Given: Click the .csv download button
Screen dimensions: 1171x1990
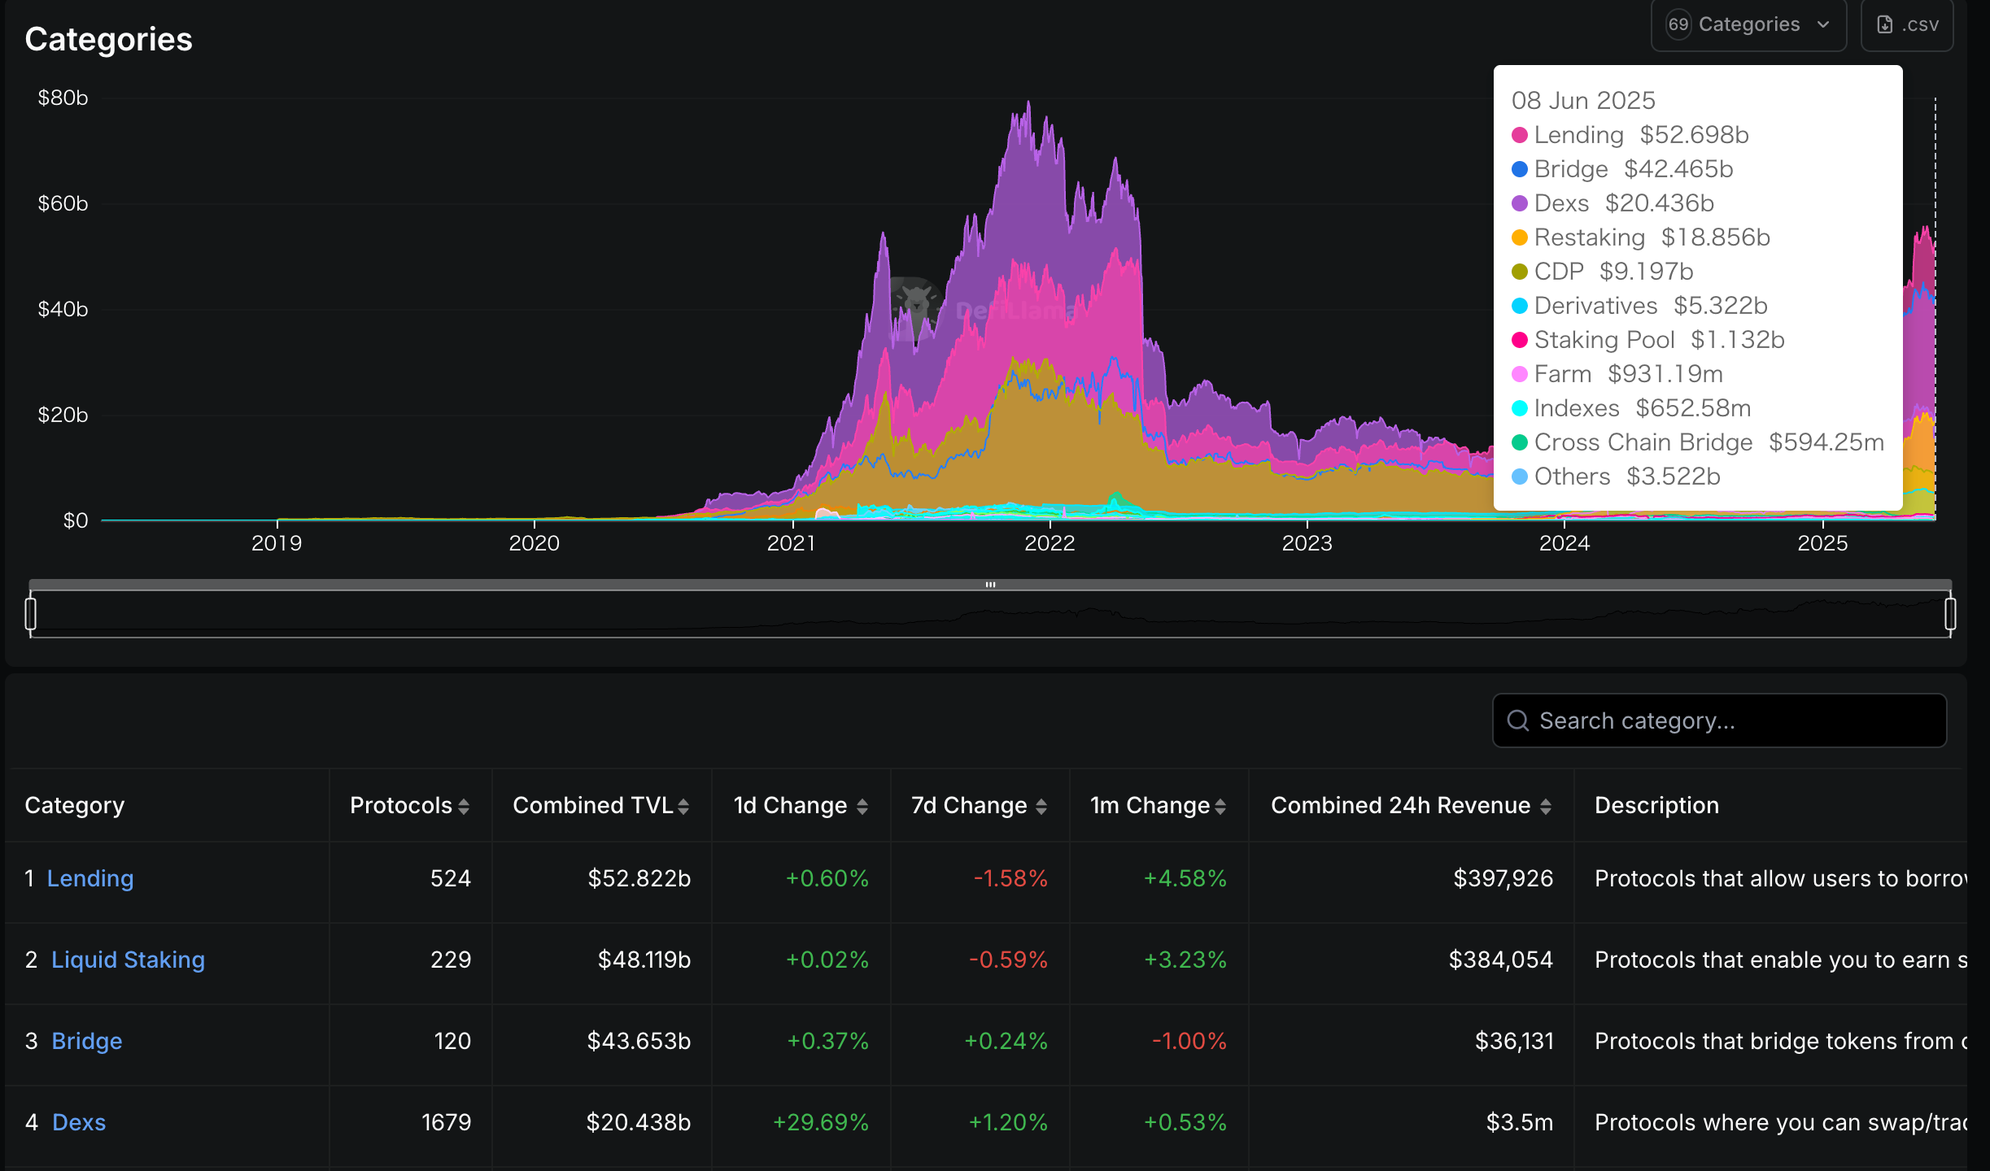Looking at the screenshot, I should pyautogui.click(x=1906, y=24).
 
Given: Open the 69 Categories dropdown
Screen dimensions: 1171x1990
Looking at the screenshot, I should pyautogui.click(x=1748, y=24).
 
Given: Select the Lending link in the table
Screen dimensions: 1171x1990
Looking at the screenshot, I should pyautogui.click(x=89, y=878).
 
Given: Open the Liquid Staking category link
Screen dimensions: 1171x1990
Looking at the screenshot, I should pyautogui.click(x=128, y=960).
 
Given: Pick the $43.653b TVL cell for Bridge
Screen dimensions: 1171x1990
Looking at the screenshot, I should pyautogui.click(x=639, y=1041).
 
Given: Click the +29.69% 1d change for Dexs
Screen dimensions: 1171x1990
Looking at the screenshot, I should pyautogui.click(x=820, y=1122).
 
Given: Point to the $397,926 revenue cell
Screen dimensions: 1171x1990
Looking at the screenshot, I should pyautogui.click(x=1503, y=878).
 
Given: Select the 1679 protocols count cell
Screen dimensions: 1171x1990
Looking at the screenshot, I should pyautogui.click(x=446, y=1122).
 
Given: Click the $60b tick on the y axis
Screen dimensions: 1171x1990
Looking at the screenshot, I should pyautogui.click(x=63, y=203).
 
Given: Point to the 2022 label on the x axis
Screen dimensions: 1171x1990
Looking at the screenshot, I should pyautogui.click(x=1049, y=543).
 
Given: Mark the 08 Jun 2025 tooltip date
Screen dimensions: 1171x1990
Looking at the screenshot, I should pyautogui.click(x=1582, y=100).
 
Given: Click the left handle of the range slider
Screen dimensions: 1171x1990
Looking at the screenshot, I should pyautogui.click(x=31, y=614).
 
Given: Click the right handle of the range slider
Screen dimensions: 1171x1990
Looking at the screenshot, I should pyautogui.click(x=1950, y=614).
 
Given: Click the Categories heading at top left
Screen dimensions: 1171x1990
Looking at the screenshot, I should pyautogui.click(x=108, y=39).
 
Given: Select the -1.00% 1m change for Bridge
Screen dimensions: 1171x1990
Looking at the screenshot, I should pyautogui.click(x=1189, y=1041).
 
